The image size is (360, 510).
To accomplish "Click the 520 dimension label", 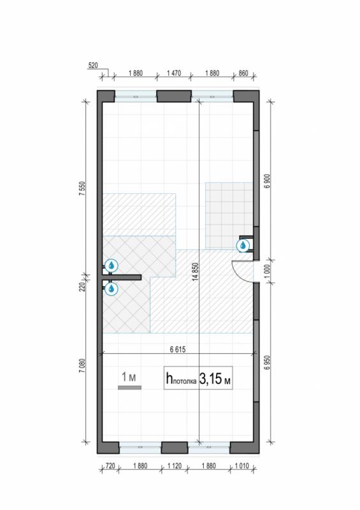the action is (92, 66).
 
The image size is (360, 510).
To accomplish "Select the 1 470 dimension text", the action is (174, 73).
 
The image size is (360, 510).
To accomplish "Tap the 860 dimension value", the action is (243, 73).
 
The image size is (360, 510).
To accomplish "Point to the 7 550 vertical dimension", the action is (82, 188).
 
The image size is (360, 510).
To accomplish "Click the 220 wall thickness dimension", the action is (82, 287).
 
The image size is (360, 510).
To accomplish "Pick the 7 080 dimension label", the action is (82, 365).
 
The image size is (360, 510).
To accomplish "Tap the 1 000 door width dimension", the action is (268, 272).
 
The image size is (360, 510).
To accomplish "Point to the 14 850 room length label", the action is (195, 272).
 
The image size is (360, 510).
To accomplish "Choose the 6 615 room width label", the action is (178, 349).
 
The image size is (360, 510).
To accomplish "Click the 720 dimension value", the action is (110, 466).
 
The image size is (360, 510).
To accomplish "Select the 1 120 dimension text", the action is (175, 466).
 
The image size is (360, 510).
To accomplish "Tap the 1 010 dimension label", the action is (242, 466).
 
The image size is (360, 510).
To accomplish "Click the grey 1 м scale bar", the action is (129, 388).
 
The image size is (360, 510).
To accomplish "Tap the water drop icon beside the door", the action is (243, 245).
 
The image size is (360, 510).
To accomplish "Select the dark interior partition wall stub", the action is (121, 277).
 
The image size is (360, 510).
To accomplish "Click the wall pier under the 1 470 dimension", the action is (174, 96).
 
